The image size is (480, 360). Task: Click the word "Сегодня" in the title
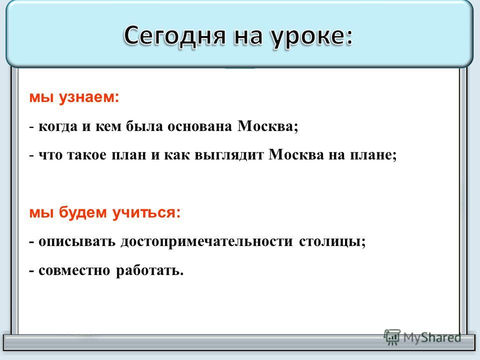pos(175,35)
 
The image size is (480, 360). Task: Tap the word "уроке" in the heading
pos(308,36)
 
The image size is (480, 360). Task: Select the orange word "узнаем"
pos(87,98)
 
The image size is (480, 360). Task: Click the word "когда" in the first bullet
pos(58,126)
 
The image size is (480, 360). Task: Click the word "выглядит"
pos(229,155)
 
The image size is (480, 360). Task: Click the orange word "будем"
pos(82,212)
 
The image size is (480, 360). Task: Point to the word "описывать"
pos(77,241)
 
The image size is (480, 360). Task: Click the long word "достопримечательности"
pos(207,241)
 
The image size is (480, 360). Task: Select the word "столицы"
pos(330,241)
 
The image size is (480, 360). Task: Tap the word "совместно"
pos(74,270)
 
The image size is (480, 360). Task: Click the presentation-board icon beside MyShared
pos(392,337)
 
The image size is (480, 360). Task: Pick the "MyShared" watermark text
pos(431,338)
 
